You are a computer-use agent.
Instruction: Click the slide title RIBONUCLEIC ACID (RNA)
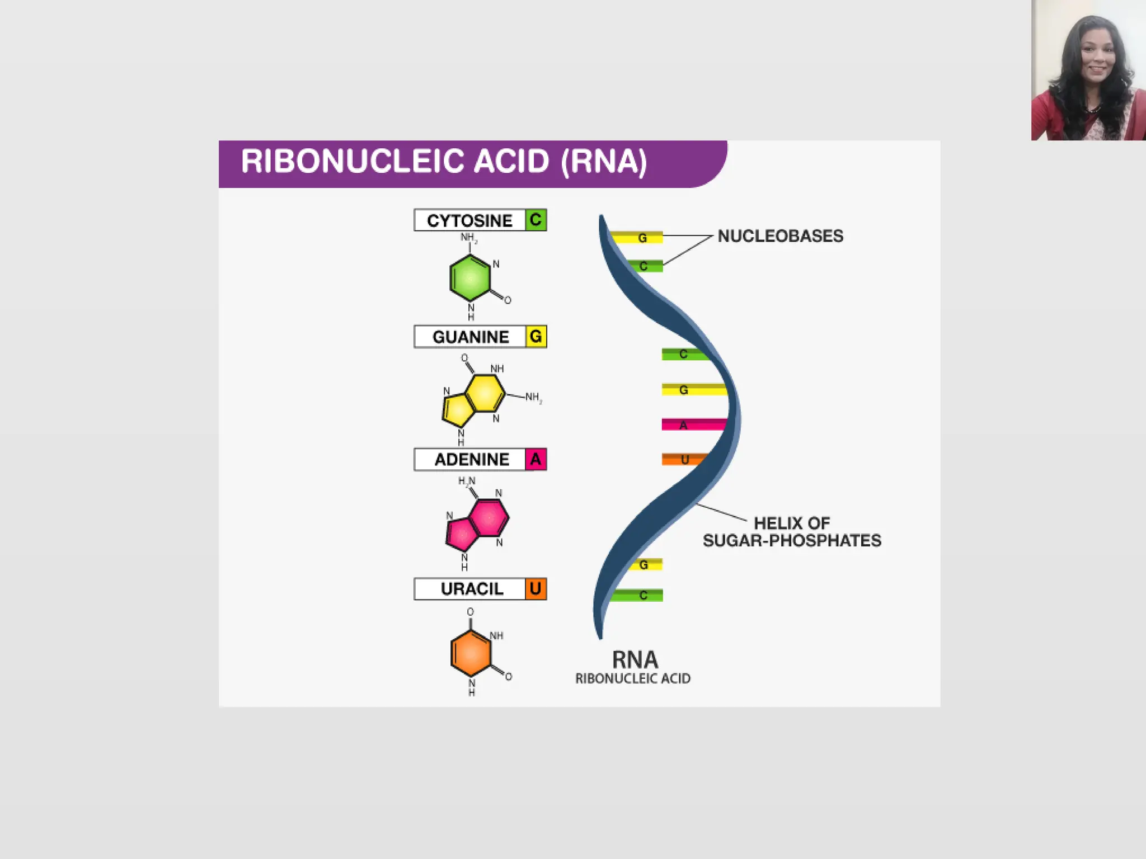point(444,162)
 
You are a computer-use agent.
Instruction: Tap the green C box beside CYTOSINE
point(536,220)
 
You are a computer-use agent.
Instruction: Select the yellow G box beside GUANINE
point(536,337)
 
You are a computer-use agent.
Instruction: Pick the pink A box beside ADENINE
point(536,459)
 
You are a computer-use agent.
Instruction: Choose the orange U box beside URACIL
point(536,589)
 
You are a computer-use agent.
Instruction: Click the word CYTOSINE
point(469,220)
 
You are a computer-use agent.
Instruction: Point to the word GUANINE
point(471,337)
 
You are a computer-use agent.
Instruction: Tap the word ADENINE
point(472,459)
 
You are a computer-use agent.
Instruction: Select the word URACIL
point(472,589)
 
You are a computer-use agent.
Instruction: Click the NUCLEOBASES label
point(780,236)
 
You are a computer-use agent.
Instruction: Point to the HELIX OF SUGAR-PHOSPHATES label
point(792,532)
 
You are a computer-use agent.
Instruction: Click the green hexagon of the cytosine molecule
point(470,278)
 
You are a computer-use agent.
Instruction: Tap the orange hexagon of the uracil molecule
point(471,653)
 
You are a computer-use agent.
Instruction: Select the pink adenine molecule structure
point(477,523)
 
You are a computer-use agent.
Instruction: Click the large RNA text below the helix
point(635,660)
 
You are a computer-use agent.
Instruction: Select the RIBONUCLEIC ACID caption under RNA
point(633,678)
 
